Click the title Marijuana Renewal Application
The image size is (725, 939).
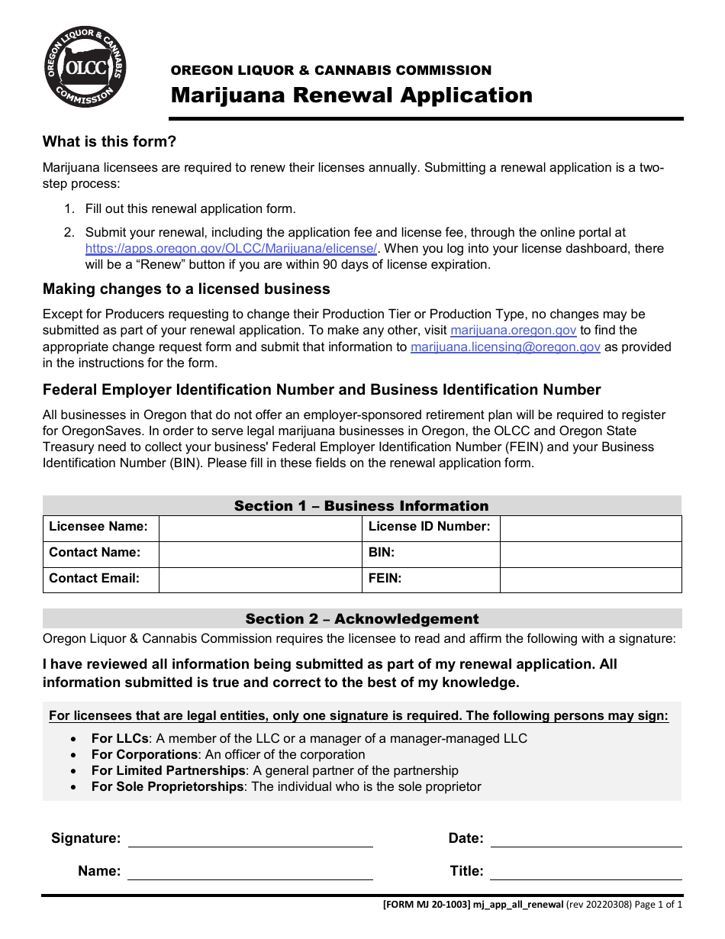click(351, 95)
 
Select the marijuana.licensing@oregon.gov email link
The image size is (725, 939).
click(505, 347)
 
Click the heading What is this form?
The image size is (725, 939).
click(109, 141)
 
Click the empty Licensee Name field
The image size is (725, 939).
click(259, 528)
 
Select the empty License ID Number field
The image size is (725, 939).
click(590, 528)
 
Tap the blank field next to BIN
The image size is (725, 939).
click(590, 554)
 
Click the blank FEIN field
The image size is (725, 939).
click(590, 580)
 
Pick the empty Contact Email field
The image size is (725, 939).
click(259, 580)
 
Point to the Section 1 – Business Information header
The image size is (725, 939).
click(361, 506)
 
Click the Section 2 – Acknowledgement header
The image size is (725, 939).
click(362, 619)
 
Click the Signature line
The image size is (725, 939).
click(250, 839)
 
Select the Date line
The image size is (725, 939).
click(586, 839)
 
